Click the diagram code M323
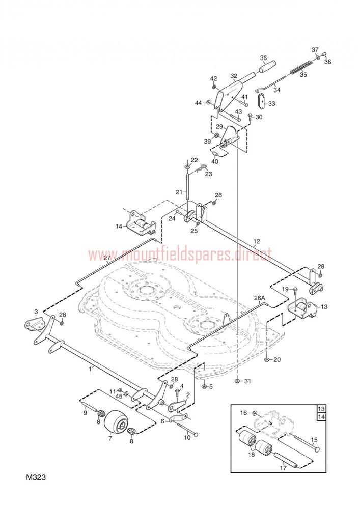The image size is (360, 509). tap(36, 477)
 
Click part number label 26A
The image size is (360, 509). tap(260, 298)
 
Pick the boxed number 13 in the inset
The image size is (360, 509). tap(321, 409)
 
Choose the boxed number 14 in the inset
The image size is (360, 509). tap(321, 417)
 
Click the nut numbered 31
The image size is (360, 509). tap(238, 381)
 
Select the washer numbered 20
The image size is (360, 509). tap(266, 360)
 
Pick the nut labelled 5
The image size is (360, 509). tap(204, 386)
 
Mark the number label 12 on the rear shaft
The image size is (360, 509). tap(257, 241)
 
